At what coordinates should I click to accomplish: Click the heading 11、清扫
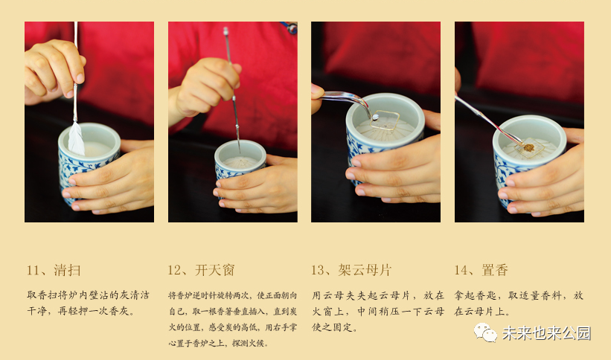point(54,270)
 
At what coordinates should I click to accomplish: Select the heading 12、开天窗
point(201,270)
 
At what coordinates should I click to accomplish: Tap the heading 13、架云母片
point(351,270)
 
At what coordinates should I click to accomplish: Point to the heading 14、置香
point(482,270)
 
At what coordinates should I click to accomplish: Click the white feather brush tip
point(76,140)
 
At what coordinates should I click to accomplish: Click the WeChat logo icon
point(485,332)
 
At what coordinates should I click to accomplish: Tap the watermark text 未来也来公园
point(546,333)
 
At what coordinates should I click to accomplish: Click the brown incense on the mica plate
point(529,148)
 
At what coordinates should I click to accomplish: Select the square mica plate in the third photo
point(385,120)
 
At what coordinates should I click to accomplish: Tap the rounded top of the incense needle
point(225,30)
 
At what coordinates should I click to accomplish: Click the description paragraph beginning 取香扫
point(88,303)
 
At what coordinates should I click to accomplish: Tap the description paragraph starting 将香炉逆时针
point(233,319)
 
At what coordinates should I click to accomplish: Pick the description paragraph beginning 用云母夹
point(377,311)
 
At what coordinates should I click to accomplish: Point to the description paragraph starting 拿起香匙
point(519,303)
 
